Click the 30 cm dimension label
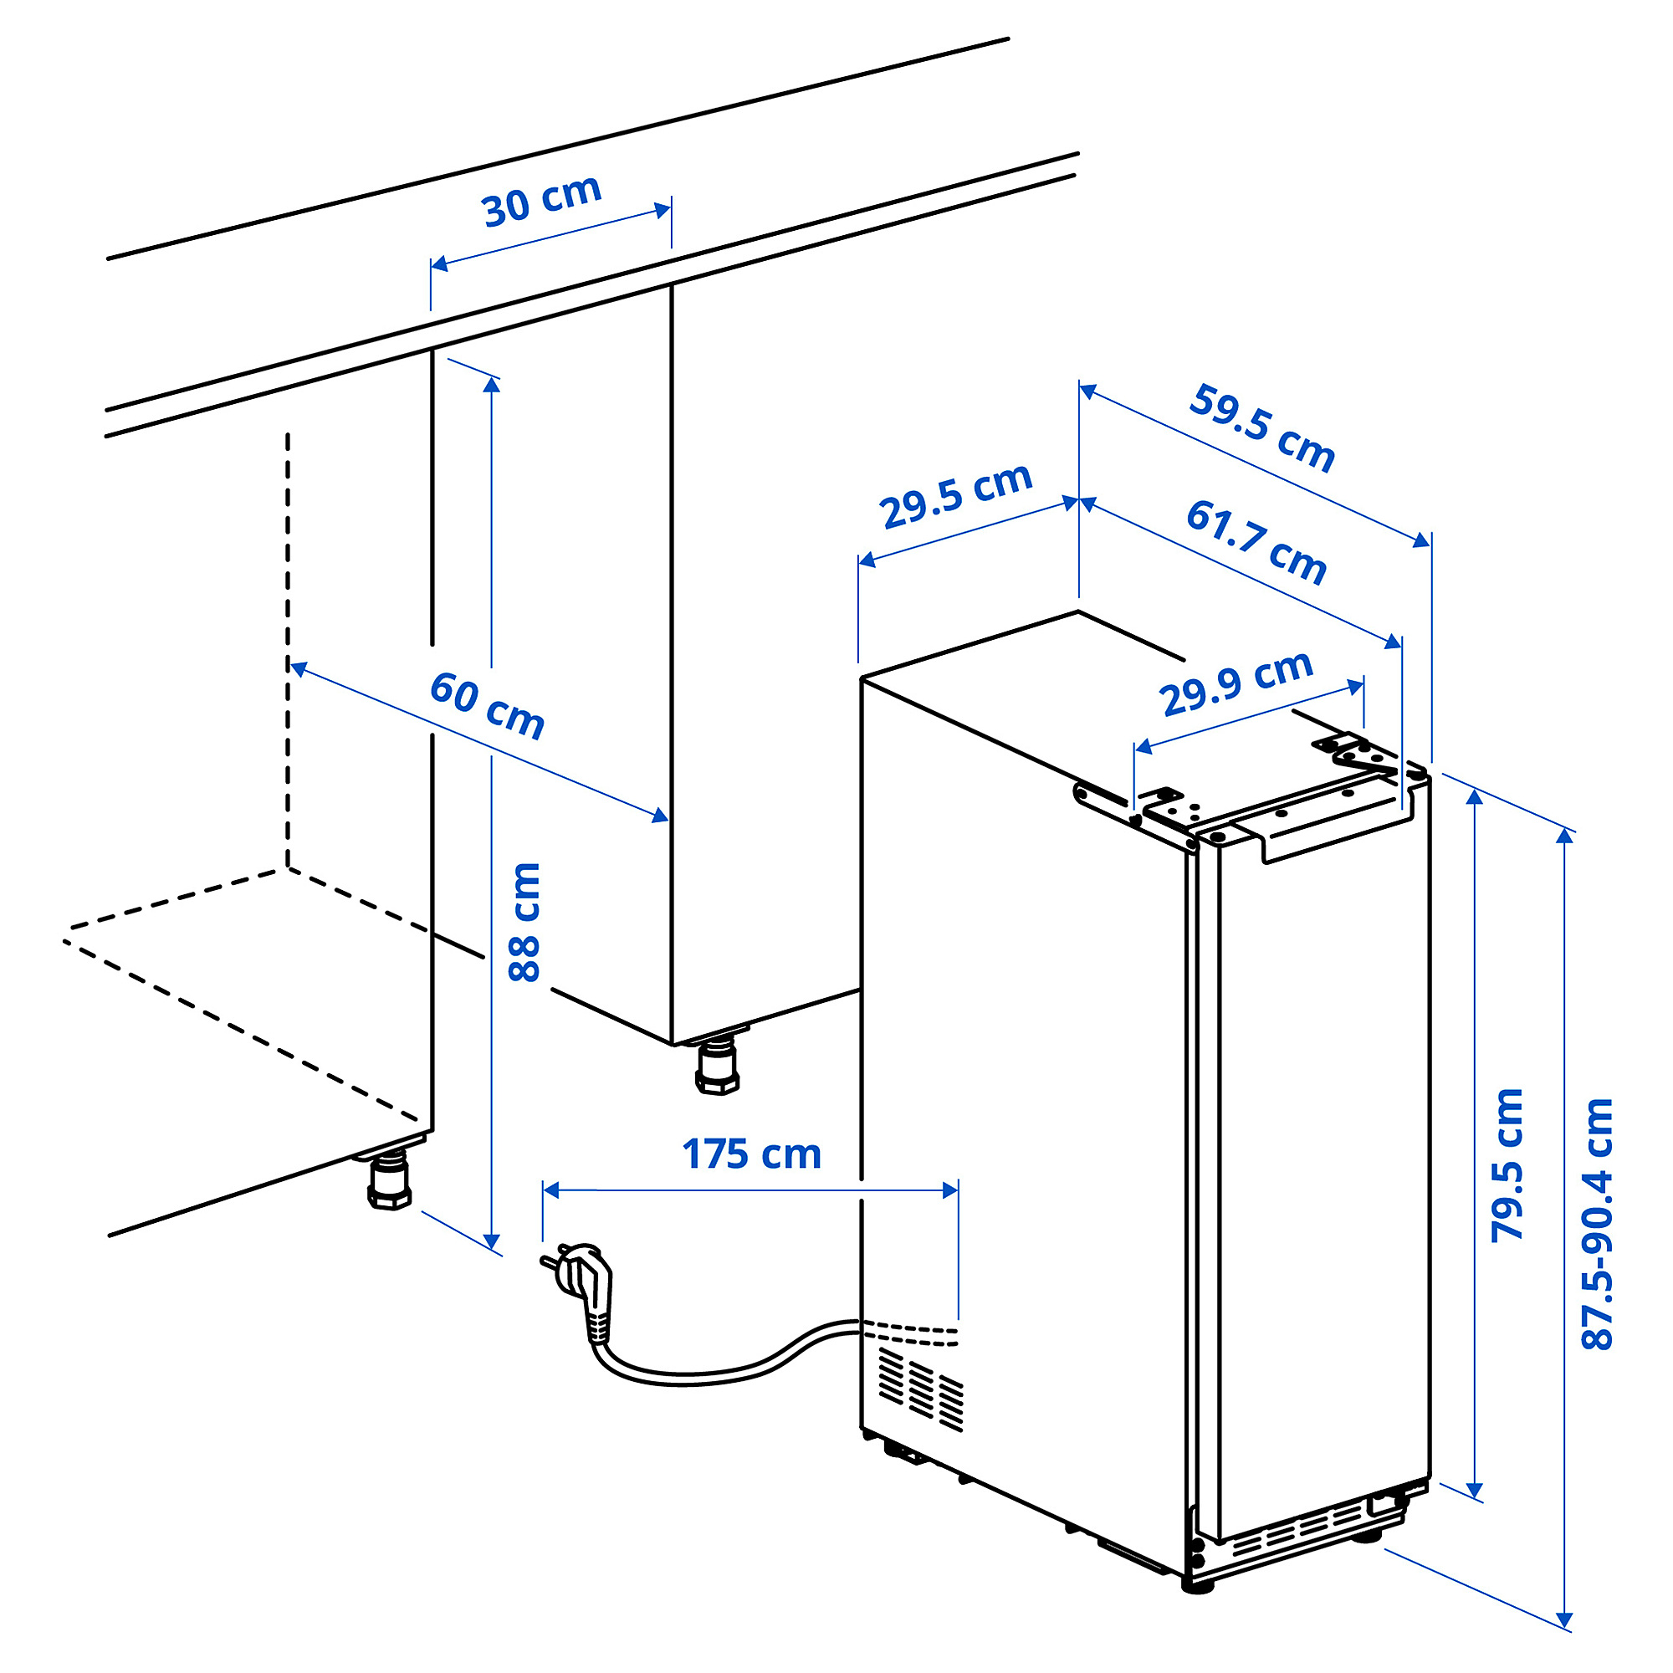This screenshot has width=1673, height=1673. pyautogui.click(x=542, y=200)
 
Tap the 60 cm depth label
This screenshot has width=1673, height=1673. pyautogui.click(x=488, y=706)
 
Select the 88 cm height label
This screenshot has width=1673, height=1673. pyautogui.click(x=524, y=922)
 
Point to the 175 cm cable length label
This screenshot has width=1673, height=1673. pyautogui.click(x=752, y=1154)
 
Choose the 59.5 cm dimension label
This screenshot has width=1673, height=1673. pyautogui.click(x=1261, y=428)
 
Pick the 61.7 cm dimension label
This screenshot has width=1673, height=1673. pyautogui.click(x=1256, y=542)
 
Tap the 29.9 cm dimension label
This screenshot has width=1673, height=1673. pyautogui.click(x=1236, y=683)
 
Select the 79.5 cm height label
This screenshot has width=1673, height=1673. pyautogui.click(x=1507, y=1165)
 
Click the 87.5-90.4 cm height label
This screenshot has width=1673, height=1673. pyautogui.click(x=1598, y=1225)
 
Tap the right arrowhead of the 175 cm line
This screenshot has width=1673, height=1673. pyautogui.click(x=950, y=1190)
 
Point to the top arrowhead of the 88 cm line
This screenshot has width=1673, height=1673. pyautogui.click(x=492, y=386)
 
